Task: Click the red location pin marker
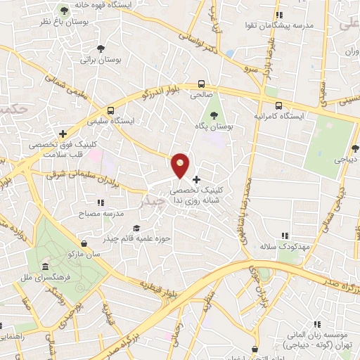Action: click(x=181, y=165)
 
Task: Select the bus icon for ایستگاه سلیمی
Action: click(x=110, y=110)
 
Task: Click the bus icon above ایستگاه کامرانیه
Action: click(x=279, y=105)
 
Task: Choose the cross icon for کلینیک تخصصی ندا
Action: click(x=196, y=179)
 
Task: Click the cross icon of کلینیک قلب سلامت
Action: click(x=63, y=133)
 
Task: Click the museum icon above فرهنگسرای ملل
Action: click(x=46, y=266)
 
